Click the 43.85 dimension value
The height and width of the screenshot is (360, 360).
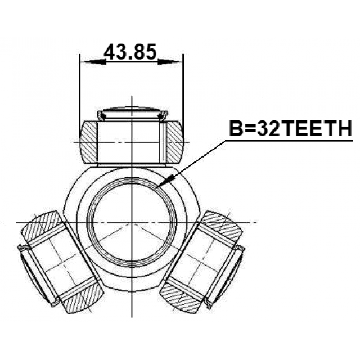(x=130, y=52)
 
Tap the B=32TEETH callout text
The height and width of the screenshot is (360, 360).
(x=291, y=129)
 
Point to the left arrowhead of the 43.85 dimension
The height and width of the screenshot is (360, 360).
(x=95, y=61)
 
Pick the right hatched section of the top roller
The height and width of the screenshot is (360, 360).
(x=175, y=142)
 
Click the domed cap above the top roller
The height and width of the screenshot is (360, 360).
(x=133, y=113)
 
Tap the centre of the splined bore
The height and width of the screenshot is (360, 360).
(x=132, y=222)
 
